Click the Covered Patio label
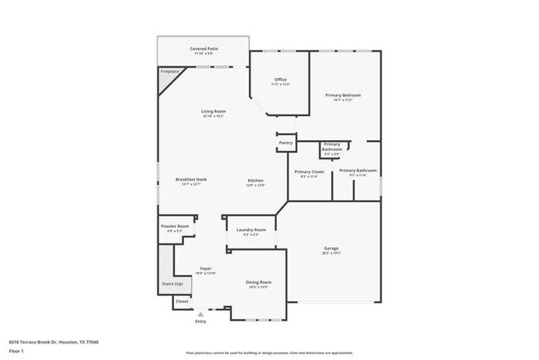pyautogui.click(x=203, y=50)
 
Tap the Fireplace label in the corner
pyautogui.click(x=168, y=72)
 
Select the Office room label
pyautogui.click(x=280, y=80)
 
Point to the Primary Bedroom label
pyautogui.click(x=342, y=95)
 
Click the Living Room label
pyautogui.click(x=213, y=111)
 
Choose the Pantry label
pyautogui.click(x=286, y=143)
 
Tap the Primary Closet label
pyautogui.click(x=308, y=172)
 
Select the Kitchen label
pyautogui.click(x=255, y=181)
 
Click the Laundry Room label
pyautogui.click(x=250, y=230)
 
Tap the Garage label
pyautogui.click(x=331, y=248)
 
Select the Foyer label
pyautogui.click(x=206, y=270)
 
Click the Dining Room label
pyautogui.click(x=259, y=282)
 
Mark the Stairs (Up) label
pyautogui.click(x=172, y=284)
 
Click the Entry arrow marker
pyautogui.click(x=200, y=313)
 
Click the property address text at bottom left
pyautogui.click(x=46, y=341)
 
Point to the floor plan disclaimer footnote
pyautogui.click(x=269, y=353)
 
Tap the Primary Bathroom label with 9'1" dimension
pyautogui.click(x=357, y=171)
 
